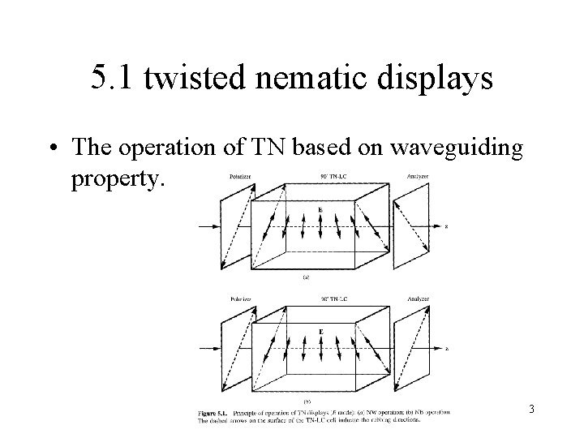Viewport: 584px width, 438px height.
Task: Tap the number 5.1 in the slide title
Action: point(109,79)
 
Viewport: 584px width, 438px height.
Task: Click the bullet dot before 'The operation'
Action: point(54,148)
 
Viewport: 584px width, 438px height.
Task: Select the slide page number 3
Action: point(530,410)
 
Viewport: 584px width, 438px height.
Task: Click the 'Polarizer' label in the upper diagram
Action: point(239,174)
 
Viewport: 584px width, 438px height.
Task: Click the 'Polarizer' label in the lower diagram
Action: point(239,299)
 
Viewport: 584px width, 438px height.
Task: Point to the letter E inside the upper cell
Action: point(320,210)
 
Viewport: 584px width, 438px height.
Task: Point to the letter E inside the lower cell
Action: point(320,333)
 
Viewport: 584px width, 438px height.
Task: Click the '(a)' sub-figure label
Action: point(306,277)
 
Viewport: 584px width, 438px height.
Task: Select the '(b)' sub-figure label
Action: point(306,401)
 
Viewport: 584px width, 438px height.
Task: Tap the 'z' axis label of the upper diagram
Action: point(446,226)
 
